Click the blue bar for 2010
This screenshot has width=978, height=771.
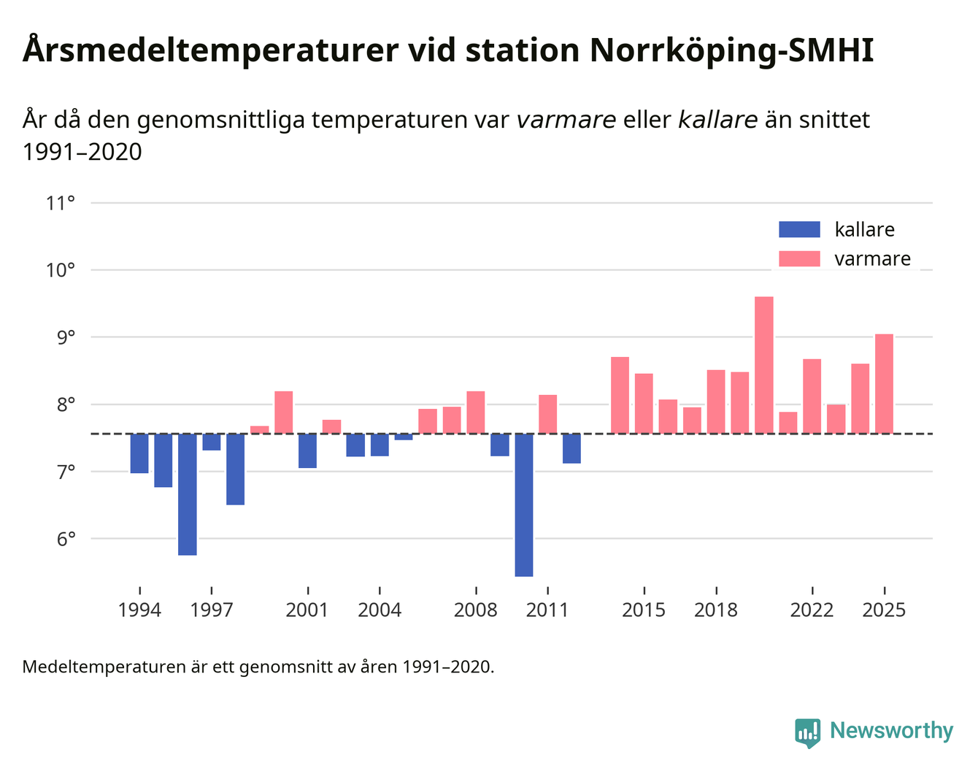coord(523,505)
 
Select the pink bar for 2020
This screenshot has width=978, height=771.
coord(763,365)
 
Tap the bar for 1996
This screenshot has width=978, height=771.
coord(188,494)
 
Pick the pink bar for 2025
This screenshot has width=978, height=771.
coord(884,383)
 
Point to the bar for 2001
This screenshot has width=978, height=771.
coord(307,450)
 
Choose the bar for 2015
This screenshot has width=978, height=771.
coord(644,403)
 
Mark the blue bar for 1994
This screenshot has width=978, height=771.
coord(139,453)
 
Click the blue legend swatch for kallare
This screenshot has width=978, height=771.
coord(799,229)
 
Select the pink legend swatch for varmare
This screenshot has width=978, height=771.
coord(799,258)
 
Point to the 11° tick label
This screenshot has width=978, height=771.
coord(61,203)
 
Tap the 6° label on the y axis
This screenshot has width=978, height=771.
coord(62,540)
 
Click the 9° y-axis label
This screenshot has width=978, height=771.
coord(62,337)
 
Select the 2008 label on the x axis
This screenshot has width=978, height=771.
coord(475,610)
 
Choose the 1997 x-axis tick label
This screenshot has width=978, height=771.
coord(211,610)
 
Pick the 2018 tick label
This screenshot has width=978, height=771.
coord(715,610)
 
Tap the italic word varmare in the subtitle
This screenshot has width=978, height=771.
coord(566,120)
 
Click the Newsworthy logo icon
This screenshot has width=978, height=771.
coord(807,732)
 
